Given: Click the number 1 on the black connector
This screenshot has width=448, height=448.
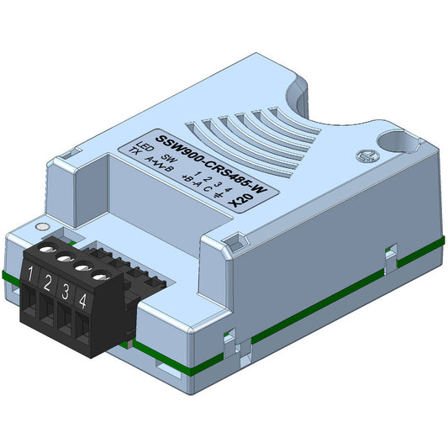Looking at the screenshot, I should pyautogui.click(x=31, y=274).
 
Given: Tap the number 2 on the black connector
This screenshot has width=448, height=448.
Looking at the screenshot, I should pyautogui.click(x=48, y=282).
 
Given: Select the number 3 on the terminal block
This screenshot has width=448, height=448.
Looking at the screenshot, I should pyautogui.click(x=66, y=290).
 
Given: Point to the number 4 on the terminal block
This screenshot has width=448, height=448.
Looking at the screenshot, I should pyautogui.click(x=82, y=298).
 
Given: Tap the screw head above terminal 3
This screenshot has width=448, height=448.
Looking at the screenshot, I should pyautogui.click(x=82, y=264).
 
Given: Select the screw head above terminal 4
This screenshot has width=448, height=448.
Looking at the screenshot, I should pyautogui.click(x=101, y=274).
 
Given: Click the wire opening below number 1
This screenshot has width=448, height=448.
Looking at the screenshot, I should pyautogui.click(x=33, y=307).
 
